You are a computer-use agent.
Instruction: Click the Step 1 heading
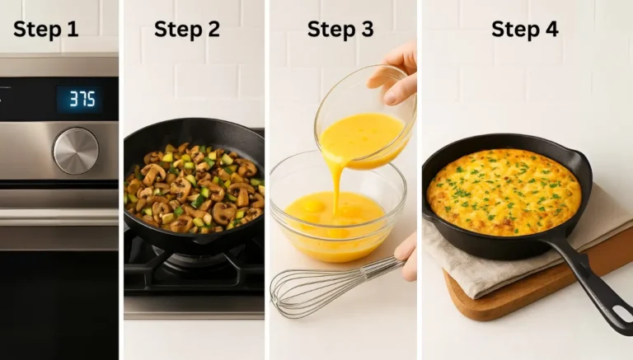point(45,30)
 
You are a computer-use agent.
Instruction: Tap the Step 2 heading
point(187,30)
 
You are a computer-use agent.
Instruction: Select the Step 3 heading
point(340,30)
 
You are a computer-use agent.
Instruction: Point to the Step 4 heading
point(525,30)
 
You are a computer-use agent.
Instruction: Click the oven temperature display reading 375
point(81,99)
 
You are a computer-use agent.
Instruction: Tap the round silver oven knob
point(75,151)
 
